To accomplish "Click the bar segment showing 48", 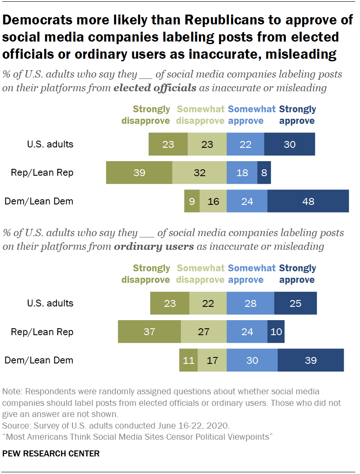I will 308,201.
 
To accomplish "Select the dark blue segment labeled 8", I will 264,173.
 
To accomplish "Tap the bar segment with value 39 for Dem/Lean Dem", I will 311,360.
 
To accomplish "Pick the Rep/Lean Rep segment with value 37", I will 149,332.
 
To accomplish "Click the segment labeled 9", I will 192,201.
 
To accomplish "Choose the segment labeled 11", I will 189,360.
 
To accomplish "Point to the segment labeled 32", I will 199,173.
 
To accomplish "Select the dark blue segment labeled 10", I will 276,332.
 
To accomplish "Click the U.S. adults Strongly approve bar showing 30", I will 289,144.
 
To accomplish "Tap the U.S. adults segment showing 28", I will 250,303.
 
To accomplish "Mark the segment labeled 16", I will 213,201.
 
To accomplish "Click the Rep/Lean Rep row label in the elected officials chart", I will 42,173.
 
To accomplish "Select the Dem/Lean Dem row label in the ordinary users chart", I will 39,360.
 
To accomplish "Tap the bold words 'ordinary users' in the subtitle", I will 154,246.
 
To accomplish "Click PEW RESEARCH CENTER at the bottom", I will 51,453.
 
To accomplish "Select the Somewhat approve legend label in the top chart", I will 252,115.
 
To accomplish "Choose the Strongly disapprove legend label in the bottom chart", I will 146,274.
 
